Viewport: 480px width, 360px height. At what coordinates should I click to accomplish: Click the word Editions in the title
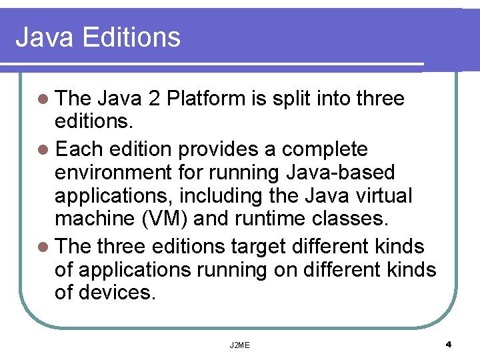click(131, 37)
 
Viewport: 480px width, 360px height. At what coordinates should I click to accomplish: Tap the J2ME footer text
click(239, 345)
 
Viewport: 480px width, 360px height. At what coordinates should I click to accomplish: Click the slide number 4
click(449, 345)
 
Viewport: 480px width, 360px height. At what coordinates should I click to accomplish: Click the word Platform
click(206, 99)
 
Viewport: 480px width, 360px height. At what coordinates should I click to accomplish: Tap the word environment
click(113, 173)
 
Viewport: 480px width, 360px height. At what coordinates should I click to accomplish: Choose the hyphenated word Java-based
click(340, 173)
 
